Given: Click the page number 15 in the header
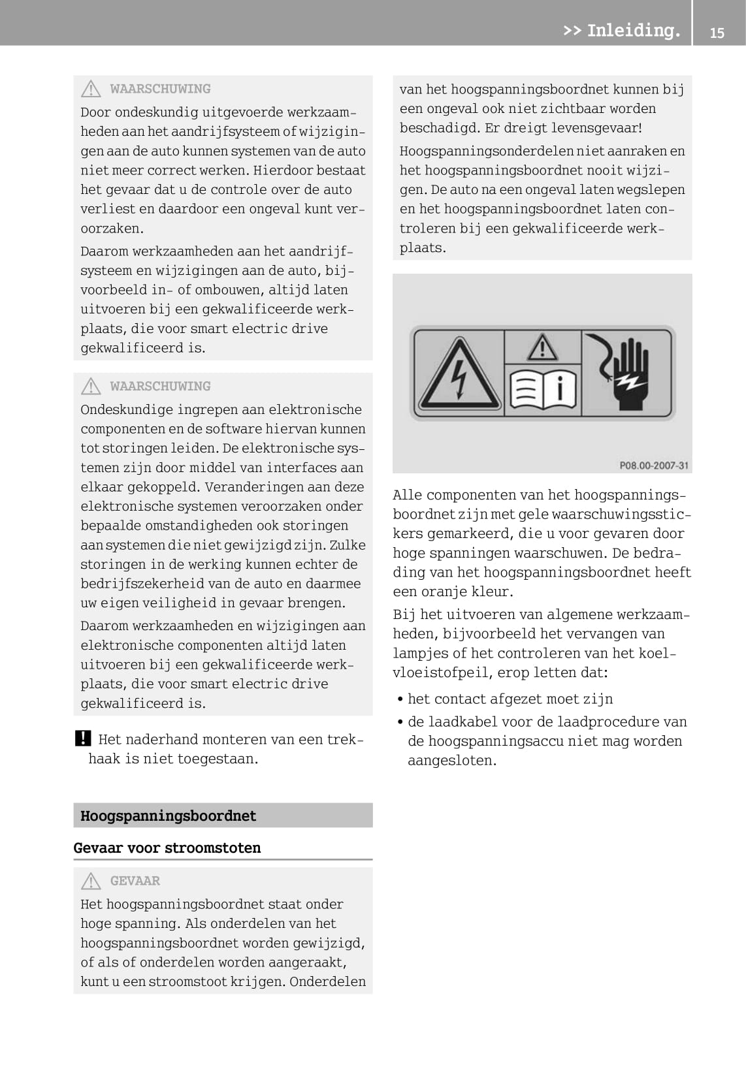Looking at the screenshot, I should (717, 33).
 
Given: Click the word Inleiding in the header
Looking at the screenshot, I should (633, 31).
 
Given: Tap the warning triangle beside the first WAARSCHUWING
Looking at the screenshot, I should (91, 89).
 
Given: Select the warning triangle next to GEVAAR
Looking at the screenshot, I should (91, 881).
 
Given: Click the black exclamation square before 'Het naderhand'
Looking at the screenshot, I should (83, 739).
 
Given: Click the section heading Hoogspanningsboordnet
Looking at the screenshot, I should (169, 816).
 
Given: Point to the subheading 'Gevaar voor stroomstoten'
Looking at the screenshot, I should (167, 848).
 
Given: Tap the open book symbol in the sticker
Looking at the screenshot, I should (543, 390).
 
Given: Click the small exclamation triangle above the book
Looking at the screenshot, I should (542, 347).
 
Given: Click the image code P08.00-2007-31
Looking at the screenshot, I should (654, 466).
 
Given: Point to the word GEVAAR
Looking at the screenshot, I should (135, 881).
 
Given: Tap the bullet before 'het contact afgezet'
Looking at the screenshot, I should (400, 699).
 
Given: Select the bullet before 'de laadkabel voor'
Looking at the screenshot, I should (400, 722).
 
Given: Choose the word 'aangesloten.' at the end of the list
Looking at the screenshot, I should (451, 761).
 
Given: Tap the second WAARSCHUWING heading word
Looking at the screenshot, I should (160, 387).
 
